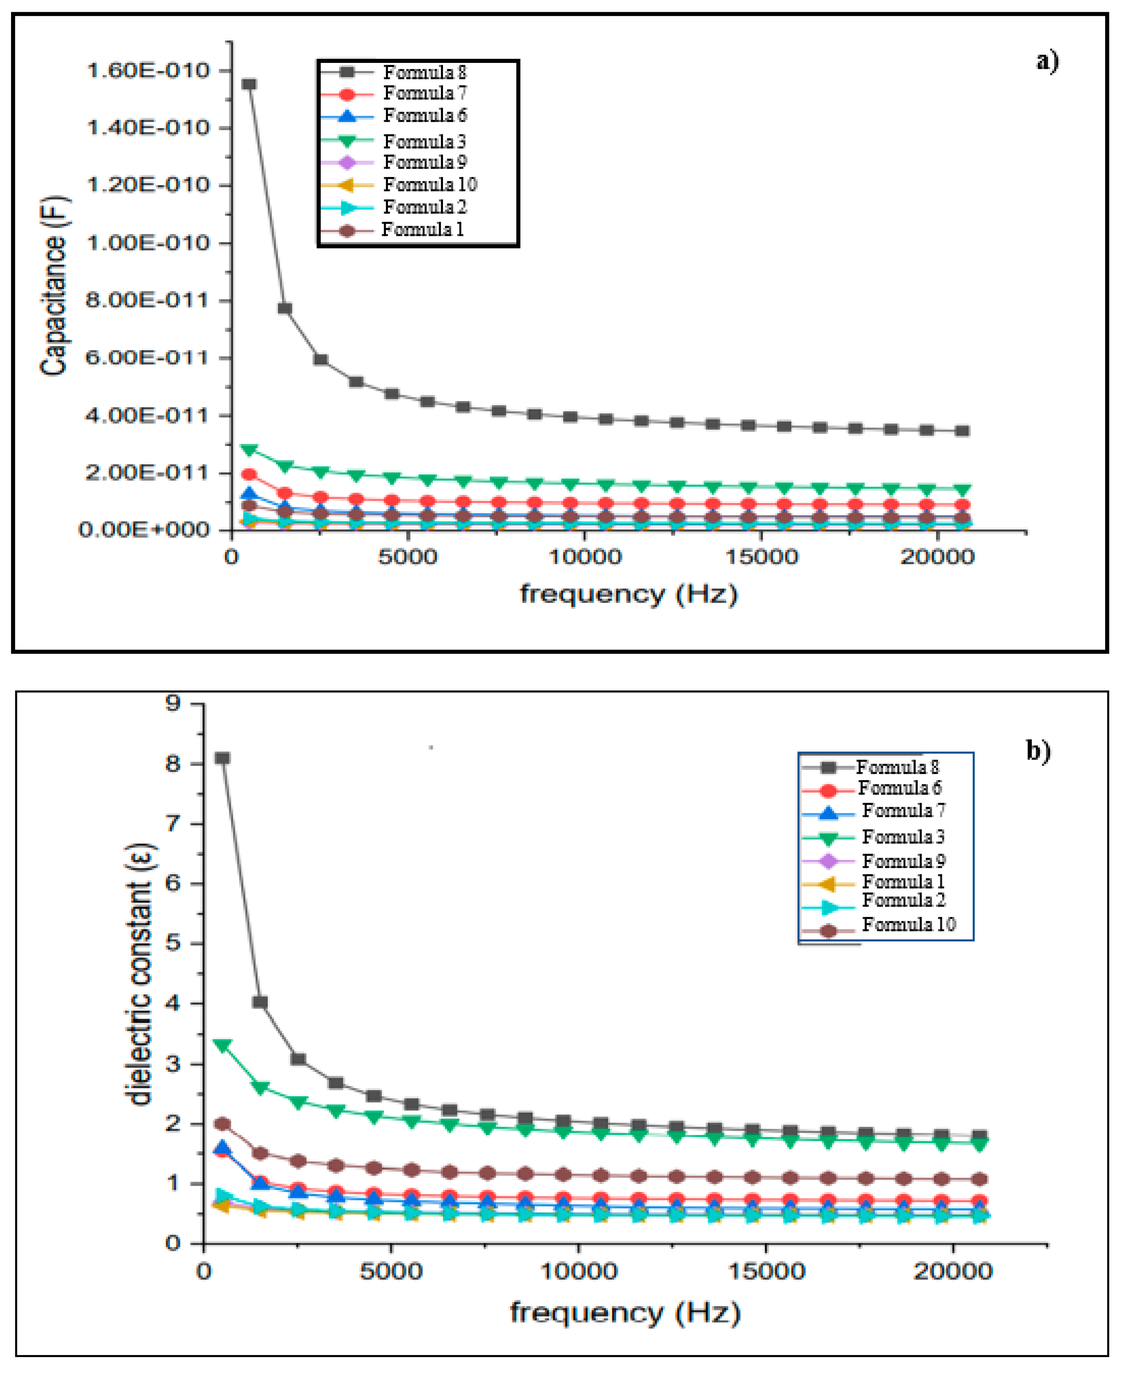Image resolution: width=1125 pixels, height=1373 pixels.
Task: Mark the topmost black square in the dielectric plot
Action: point(222,758)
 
